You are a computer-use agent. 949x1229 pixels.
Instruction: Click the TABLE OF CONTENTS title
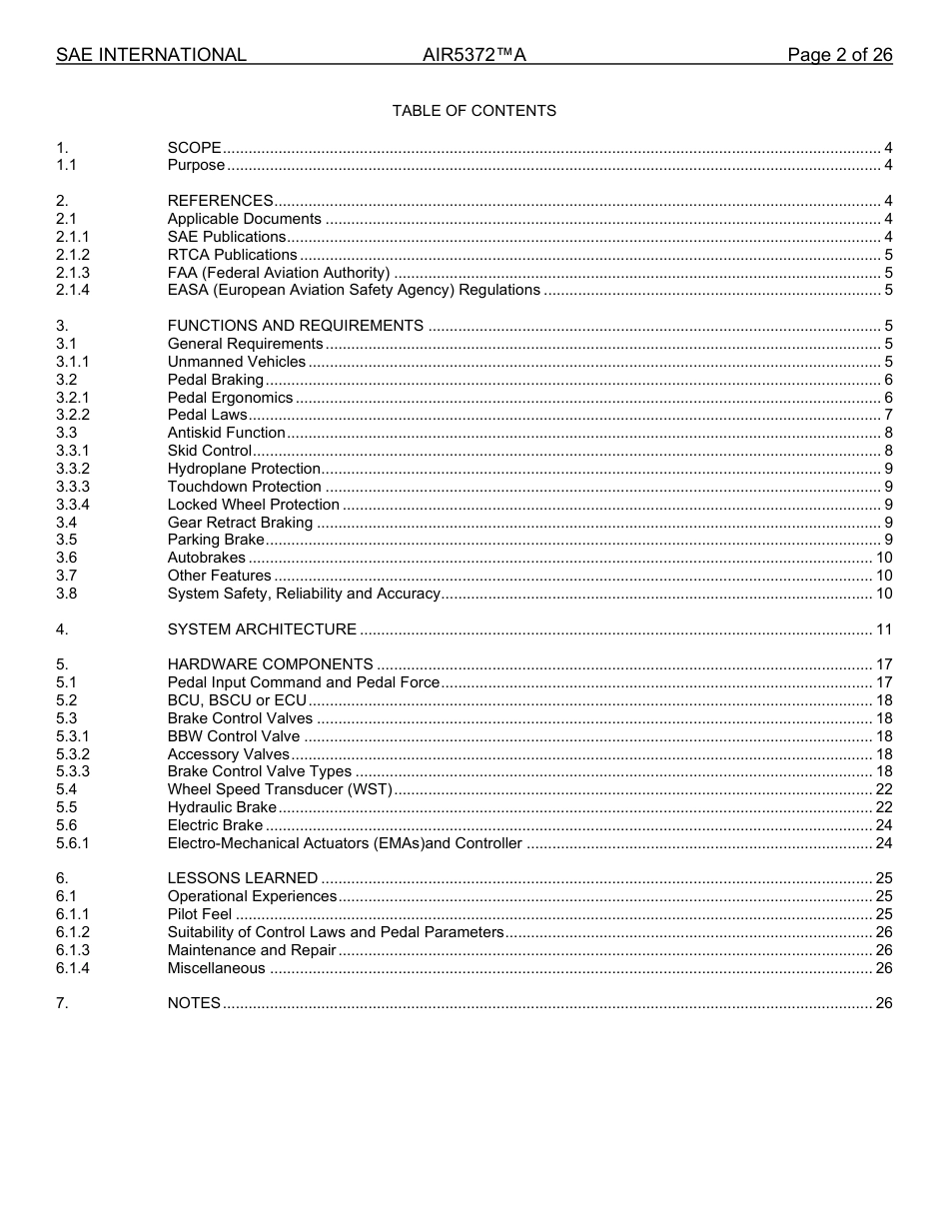pyautogui.click(x=474, y=111)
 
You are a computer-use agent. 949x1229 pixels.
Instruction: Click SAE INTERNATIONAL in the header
pyautogui.click(x=151, y=55)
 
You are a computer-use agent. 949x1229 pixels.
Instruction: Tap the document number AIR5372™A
pyautogui.click(x=474, y=55)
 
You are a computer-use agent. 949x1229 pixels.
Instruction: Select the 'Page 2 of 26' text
pyautogui.click(x=839, y=55)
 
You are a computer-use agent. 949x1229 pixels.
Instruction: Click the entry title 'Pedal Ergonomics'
pyautogui.click(x=230, y=398)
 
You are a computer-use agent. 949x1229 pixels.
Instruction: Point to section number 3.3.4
pyautogui.click(x=73, y=505)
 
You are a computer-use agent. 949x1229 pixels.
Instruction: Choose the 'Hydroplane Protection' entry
pyautogui.click(x=244, y=469)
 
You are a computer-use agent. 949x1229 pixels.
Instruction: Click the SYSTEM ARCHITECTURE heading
pyautogui.click(x=262, y=629)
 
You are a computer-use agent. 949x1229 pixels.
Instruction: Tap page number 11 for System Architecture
pyautogui.click(x=883, y=629)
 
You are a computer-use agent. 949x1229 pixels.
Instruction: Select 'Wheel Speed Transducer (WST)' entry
pyautogui.click(x=280, y=789)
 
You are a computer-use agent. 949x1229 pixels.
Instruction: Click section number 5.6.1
pyautogui.click(x=73, y=843)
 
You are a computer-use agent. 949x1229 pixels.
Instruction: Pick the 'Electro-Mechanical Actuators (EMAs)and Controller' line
pyautogui.click(x=345, y=843)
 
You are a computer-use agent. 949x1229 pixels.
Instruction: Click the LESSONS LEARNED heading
pyautogui.click(x=243, y=878)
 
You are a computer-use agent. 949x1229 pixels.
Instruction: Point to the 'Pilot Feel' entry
pyautogui.click(x=199, y=914)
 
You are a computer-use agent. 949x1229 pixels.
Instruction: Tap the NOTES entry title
pyautogui.click(x=194, y=1003)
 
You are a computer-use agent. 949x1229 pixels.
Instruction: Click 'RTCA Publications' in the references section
pyautogui.click(x=232, y=255)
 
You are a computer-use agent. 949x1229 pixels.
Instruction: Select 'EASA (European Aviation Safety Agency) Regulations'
pyautogui.click(x=354, y=291)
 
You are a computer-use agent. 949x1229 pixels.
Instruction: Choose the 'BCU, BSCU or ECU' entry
pyautogui.click(x=237, y=700)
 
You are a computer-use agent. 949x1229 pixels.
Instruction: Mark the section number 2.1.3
pyautogui.click(x=73, y=273)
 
